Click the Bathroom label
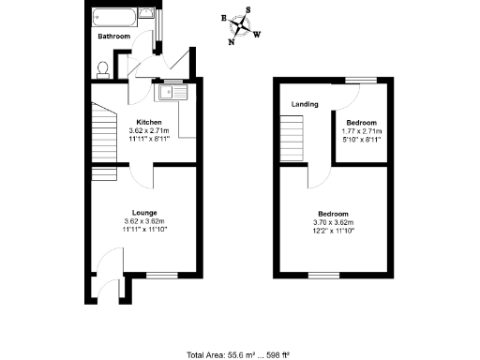click(113, 36)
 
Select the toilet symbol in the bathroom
click(103, 68)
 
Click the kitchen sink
click(174, 92)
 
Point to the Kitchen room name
click(149, 122)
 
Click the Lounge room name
click(143, 212)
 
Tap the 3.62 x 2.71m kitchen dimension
click(149, 130)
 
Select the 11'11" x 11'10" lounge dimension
click(143, 229)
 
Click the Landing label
click(304, 104)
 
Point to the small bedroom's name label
click(361, 123)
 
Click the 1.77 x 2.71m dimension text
click(361, 131)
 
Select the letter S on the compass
click(247, 10)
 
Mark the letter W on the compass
click(258, 35)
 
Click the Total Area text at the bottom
click(238, 354)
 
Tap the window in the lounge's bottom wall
click(161, 276)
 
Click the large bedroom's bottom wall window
click(323, 276)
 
